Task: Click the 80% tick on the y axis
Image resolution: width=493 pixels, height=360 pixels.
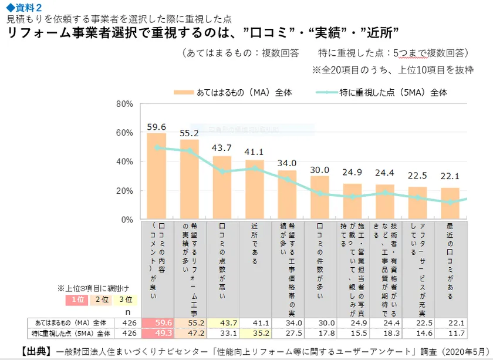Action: click(x=126, y=104)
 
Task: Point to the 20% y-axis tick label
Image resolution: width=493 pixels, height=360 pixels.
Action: click(x=126, y=191)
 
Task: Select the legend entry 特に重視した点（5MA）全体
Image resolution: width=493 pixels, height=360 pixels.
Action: click(x=381, y=92)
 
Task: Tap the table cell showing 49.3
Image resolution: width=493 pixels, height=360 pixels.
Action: click(x=156, y=333)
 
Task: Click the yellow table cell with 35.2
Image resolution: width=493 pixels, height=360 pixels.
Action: click(x=255, y=333)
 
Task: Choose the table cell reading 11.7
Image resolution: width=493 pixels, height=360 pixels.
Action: click(x=450, y=333)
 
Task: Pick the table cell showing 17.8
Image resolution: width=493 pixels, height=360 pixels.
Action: click(x=320, y=333)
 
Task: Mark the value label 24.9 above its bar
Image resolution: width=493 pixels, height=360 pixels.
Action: click(x=352, y=173)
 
